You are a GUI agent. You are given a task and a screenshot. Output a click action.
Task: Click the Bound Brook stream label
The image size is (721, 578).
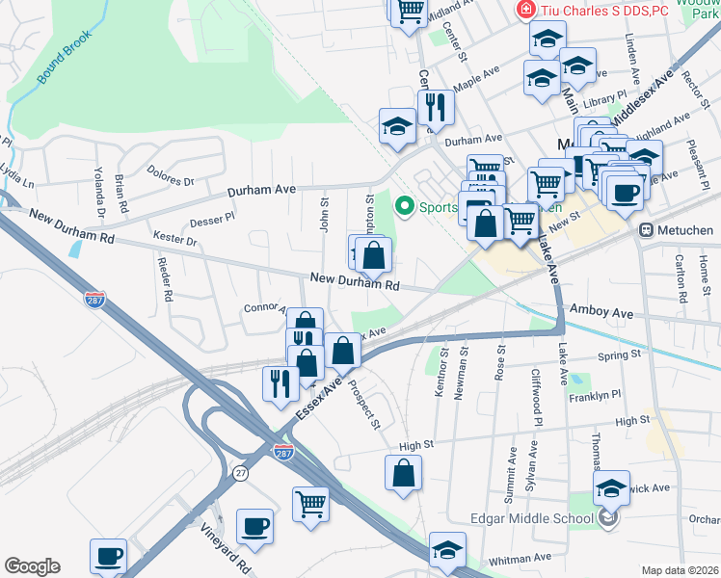[x=65, y=57]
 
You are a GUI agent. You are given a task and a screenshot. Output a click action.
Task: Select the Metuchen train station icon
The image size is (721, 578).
[x=648, y=230]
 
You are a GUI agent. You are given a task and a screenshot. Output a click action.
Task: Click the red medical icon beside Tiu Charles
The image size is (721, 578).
[x=526, y=11]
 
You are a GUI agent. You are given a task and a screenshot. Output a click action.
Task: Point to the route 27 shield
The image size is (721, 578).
[x=239, y=472]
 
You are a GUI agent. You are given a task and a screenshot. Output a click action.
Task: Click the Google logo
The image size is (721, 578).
[x=32, y=566]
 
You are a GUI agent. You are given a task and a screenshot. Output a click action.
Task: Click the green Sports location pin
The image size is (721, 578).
[x=405, y=205]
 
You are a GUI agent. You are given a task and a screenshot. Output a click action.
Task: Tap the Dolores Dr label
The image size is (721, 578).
[x=171, y=174]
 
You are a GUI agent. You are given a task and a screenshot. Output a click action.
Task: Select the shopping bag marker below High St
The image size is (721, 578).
[x=403, y=473]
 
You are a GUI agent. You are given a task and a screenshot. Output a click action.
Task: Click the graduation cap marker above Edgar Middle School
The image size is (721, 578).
[x=611, y=487]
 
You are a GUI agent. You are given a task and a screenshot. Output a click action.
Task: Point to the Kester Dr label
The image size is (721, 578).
[x=174, y=237]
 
